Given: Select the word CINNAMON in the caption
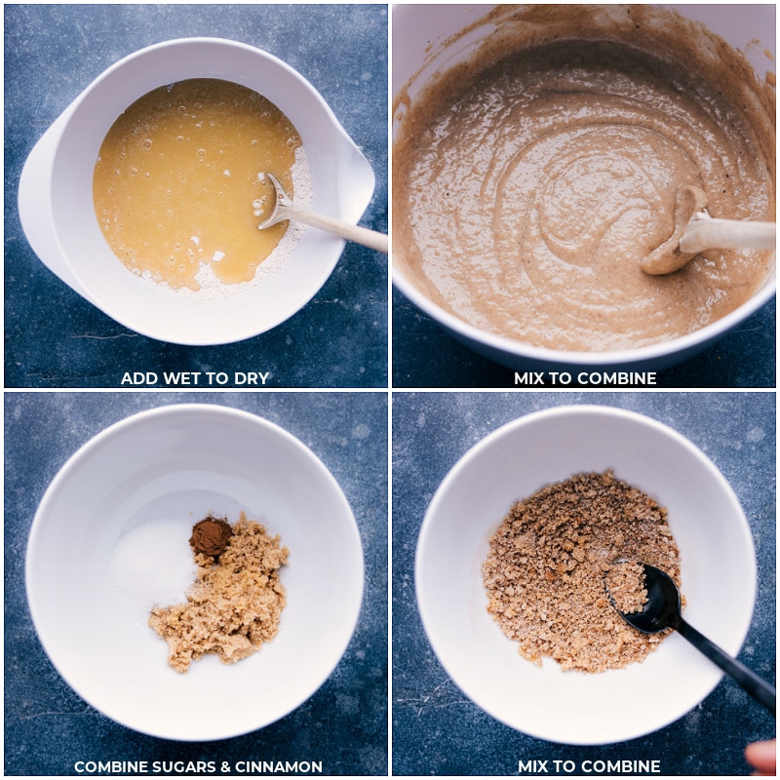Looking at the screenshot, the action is pyautogui.click(x=279, y=766).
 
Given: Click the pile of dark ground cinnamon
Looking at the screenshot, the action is pyautogui.click(x=211, y=536).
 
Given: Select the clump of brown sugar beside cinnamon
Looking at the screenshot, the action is pyautogui.click(x=224, y=597).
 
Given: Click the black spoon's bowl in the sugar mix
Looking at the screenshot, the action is pyautogui.click(x=643, y=597).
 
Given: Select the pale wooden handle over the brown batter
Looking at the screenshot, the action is pyautogui.click(x=727, y=234).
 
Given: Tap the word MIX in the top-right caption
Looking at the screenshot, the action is pyautogui.click(x=528, y=378).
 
